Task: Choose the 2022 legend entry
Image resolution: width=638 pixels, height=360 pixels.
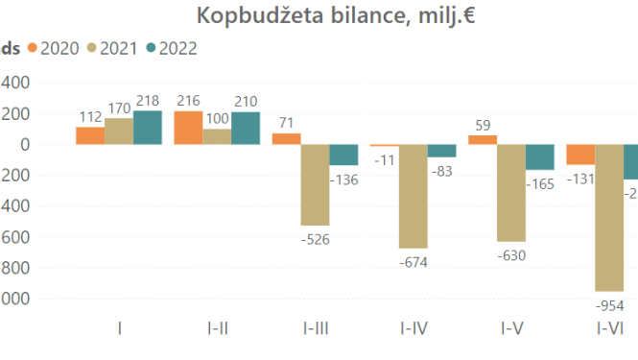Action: pos(169,48)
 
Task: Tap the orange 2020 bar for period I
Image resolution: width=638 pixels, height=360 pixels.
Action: pos(90,135)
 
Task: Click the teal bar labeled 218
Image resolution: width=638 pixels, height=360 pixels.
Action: pos(148,128)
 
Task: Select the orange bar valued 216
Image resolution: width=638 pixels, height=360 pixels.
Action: pos(188,128)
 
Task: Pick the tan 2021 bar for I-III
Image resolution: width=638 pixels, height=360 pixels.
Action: pos(316,184)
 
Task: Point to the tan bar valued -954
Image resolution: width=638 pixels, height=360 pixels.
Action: pos(609,217)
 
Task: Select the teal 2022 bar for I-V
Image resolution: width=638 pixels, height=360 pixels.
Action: pos(540,157)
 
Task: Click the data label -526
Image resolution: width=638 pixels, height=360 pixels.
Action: pos(316,239)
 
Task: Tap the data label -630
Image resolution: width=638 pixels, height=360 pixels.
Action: pos(511,255)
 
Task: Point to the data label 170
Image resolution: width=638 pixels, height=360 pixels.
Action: pos(119,106)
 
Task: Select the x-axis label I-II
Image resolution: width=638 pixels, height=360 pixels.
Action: pos(217,328)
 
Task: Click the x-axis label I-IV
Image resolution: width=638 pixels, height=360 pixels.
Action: pos(414,328)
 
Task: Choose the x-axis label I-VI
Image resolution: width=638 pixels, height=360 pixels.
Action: pos(609,328)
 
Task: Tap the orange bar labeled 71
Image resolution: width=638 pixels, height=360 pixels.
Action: pos(286,139)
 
